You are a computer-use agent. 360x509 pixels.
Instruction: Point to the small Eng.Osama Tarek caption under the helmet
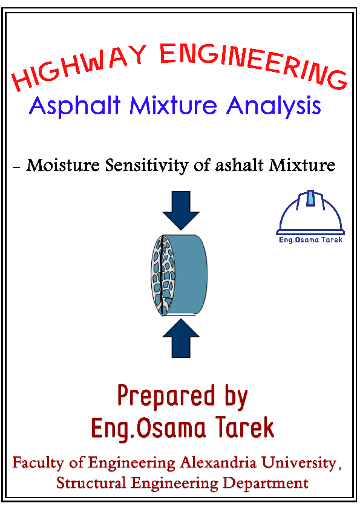coord(310,239)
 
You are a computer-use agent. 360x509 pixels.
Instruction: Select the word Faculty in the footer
coord(37,464)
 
